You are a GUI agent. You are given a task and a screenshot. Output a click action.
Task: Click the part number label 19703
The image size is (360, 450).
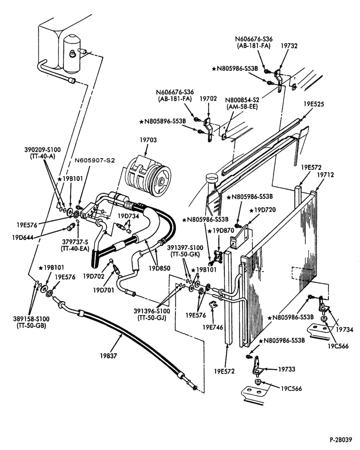(x=148, y=140)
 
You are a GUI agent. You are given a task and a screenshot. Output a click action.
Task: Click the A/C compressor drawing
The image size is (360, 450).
(x=148, y=175)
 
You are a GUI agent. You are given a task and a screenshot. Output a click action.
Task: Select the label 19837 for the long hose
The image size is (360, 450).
(x=108, y=356)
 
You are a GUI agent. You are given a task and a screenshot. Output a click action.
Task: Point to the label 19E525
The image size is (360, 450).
(x=314, y=104)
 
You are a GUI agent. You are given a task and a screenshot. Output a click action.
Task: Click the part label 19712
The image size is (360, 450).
(x=325, y=175)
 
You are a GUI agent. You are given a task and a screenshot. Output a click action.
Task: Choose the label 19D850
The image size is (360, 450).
(x=159, y=268)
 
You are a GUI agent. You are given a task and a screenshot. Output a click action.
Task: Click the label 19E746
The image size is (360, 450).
(x=213, y=327)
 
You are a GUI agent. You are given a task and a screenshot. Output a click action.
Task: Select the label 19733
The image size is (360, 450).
(x=287, y=369)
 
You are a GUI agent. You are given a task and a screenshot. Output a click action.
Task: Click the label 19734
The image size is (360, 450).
(x=345, y=330)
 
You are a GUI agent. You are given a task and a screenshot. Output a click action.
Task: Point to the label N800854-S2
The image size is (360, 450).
(x=242, y=100)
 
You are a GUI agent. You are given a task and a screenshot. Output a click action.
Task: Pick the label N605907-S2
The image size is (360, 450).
(x=95, y=161)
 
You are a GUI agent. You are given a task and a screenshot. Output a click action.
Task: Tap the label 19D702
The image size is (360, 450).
(x=94, y=276)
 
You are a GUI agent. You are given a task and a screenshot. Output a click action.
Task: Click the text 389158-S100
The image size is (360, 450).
(x=31, y=319)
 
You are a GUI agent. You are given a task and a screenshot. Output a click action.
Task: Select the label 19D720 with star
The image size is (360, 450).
(x=262, y=210)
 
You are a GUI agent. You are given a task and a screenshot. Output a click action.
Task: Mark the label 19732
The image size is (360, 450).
(x=289, y=45)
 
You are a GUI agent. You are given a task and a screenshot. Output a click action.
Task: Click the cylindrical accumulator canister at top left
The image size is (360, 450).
(x=72, y=54)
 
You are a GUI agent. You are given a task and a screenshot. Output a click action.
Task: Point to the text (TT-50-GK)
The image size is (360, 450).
(x=185, y=254)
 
